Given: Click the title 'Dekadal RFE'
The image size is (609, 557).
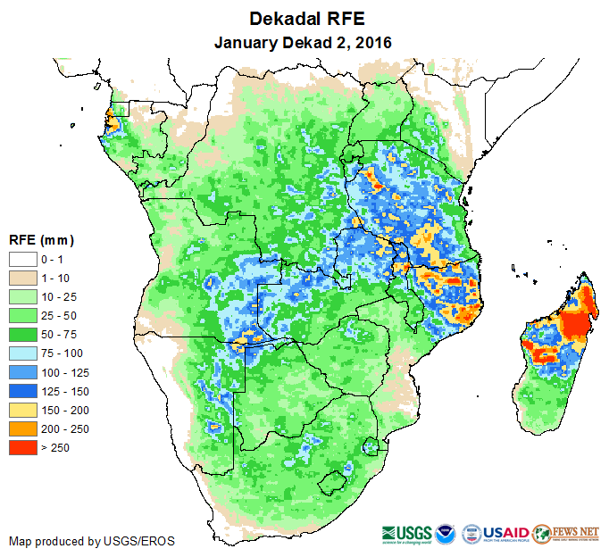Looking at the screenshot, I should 304,19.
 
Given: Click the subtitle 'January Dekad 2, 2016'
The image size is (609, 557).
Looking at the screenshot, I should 304,42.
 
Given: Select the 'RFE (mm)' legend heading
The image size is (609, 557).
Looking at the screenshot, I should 41,240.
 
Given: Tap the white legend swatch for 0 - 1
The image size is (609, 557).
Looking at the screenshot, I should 23,259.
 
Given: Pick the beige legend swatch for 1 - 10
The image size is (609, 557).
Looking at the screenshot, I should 23,278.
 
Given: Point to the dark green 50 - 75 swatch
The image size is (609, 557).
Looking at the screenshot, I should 23,334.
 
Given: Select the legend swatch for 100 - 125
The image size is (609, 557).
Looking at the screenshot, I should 23,371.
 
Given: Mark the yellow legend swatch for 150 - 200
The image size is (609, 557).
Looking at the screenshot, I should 23,410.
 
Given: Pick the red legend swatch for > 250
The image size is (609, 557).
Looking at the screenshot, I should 23,447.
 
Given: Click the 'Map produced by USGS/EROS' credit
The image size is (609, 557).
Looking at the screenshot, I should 92,541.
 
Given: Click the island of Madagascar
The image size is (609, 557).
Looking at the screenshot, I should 558,348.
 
